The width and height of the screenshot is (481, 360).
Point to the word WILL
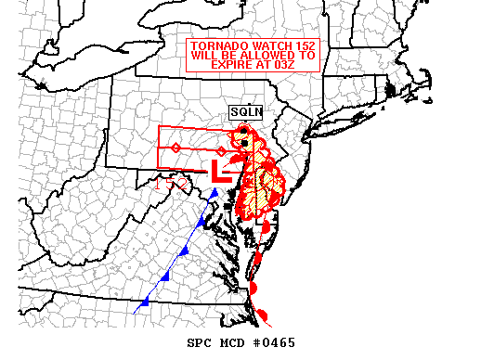click(x=205, y=55)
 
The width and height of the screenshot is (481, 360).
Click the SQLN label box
click(x=247, y=112)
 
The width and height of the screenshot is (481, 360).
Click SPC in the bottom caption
click(x=201, y=342)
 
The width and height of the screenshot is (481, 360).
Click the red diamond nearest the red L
click(x=220, y=150)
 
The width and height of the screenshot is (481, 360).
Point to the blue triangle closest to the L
click(x=214, y=193)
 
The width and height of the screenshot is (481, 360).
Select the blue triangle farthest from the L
click(x=145, y=303)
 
